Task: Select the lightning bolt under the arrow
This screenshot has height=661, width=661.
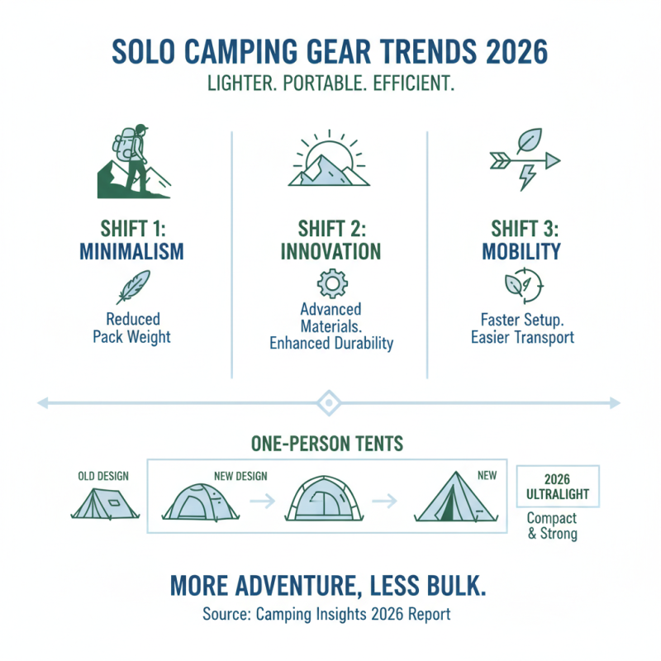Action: point(525,176)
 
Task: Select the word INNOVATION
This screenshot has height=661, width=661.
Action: point(330,251)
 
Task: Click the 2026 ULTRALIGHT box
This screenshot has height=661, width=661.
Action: point(558,486)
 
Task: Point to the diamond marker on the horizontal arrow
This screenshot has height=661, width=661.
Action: point(328,403)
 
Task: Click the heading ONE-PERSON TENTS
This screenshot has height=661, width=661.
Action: point(328,444)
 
